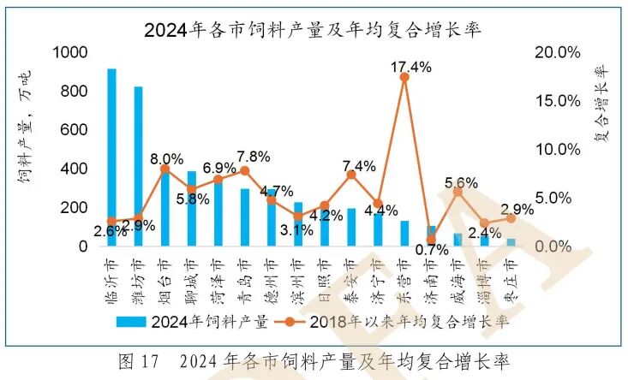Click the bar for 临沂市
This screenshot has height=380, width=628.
(111, 157)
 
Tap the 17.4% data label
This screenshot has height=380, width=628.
(404, 65)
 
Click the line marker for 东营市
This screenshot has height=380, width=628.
(404, 77)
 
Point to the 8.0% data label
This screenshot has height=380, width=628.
(166, 158)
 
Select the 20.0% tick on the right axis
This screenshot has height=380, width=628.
(557, 53)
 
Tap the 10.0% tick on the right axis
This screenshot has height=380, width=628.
(557, 150)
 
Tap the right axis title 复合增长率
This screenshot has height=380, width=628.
(601, 103)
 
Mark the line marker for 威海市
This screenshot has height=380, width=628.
(458, 192)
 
